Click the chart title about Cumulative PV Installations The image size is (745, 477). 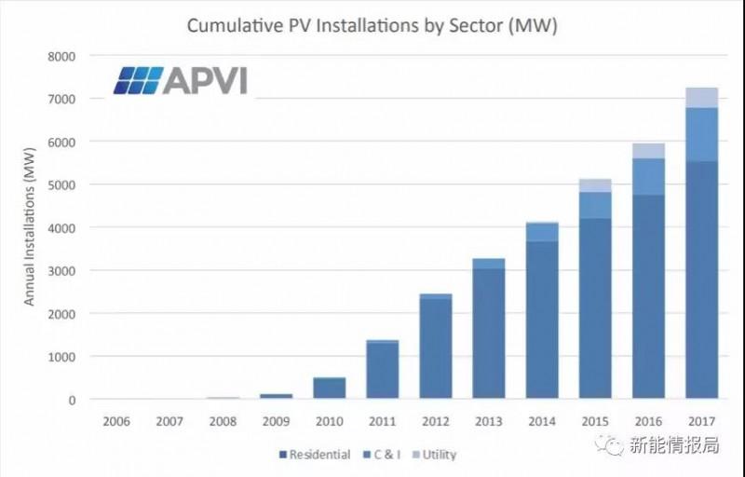pyautogui.click(x=372, y=26)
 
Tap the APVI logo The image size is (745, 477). pyautogui.click(x=181, y=80)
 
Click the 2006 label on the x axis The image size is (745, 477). pyautogui.click(x=115, y=421)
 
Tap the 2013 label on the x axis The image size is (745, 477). pyautogui.click(x=489, y=421)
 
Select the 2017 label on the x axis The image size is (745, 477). pyautogui.click(x=701, y=421)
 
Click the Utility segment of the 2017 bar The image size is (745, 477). pyautogui.click(x=701, y=97)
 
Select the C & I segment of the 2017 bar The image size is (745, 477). pyautogui.click(x=701, y=134)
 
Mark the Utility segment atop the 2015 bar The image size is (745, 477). pyautogui.click(x=595, y=185)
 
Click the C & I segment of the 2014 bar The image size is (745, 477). pyautogui.click(x=542, y=232)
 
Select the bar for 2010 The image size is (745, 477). pyautogui.click(x=329, y=388)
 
